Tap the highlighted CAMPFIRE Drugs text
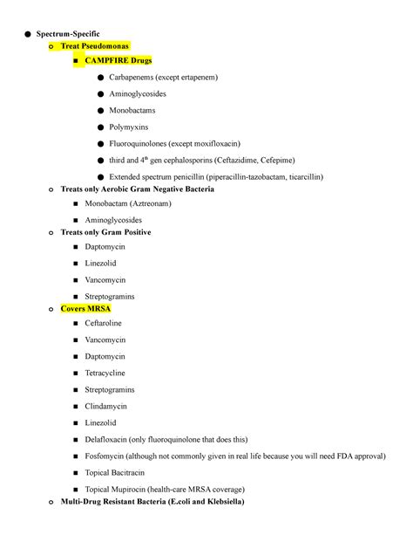[x=119, y=61]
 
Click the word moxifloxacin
[x=214, y=143]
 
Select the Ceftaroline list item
[x=105, y=324]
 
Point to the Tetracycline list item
[x=107, y=373]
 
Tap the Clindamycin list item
[x=106, y=406]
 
